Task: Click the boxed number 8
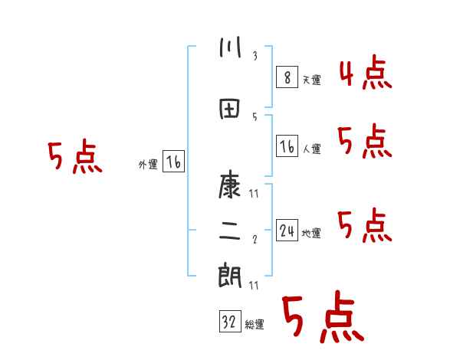[x=287, y=78]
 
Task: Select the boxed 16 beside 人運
[x=287, y=147]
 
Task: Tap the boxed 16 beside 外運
[x=174, y=162]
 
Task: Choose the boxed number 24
[x=287, y=231]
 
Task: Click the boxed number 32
[x=229, y=322]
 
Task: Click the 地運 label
[x=311, y=234]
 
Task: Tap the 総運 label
[x=255, y=325]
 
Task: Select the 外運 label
[x=148, y=165]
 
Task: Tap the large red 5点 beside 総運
[x=322, y=317]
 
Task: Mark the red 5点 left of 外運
[x=74, y=158]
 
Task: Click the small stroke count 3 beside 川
[x=255, y=56]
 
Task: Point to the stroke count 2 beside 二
[x=255, y=240]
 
